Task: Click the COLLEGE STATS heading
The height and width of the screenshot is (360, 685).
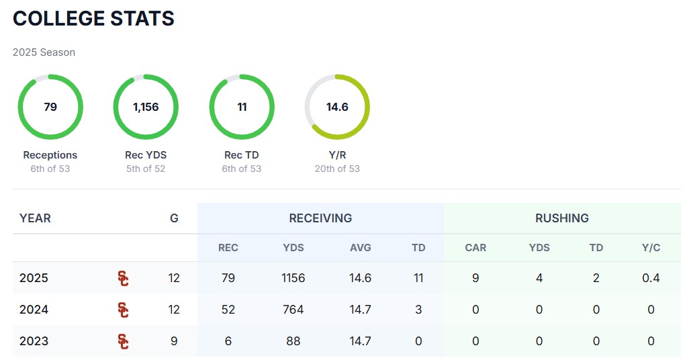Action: coord(93,19)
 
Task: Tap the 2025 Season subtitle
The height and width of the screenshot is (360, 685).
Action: coord(44,52)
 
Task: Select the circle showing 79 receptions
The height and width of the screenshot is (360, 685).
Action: coord(50,107)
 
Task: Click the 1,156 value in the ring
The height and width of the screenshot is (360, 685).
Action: coord(146,107)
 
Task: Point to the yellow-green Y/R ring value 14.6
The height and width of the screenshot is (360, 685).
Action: coord(337,107)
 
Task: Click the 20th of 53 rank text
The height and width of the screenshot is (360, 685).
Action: coord(337,169)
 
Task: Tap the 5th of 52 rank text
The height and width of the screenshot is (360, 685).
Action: coord(146,169)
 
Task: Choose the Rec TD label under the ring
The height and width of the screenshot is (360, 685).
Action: coord(242,155)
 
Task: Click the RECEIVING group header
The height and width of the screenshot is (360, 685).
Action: coord(320,218)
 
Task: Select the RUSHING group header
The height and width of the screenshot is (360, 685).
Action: coord(561,218)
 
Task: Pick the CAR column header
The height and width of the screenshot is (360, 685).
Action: coord(475,248)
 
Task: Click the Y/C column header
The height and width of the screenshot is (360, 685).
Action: coord(651,248)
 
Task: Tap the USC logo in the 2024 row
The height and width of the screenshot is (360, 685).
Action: coord(123,310)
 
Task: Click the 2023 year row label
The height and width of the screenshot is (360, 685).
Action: coord(34,341)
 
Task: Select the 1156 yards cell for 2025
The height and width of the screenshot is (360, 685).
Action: coord(293,278)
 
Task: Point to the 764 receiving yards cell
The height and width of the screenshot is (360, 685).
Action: coord(293,310)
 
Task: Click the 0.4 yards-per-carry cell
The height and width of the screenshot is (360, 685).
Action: coord(651,278)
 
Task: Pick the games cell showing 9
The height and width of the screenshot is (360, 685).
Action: coord(174,341)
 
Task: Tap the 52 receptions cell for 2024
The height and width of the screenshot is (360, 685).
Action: coord(228,310)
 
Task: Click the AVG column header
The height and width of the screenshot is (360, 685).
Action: coord(360,248)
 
